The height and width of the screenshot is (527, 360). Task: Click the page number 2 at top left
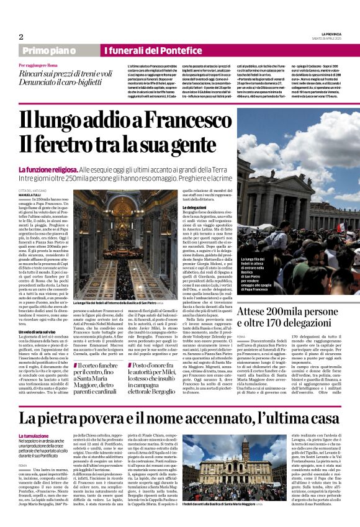pyautogui.click(x=20, y=36)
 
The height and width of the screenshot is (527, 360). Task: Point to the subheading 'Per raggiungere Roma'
pyautogui.click(x=39, y=65)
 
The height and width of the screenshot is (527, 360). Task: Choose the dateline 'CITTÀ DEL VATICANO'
pyautogui.click(x=35, y=190)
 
